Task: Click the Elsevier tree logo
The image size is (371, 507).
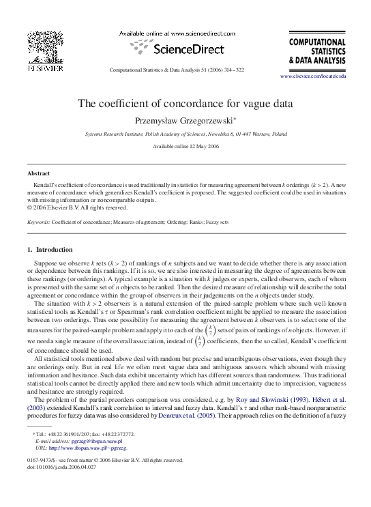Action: coord(45,48)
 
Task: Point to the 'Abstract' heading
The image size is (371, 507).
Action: coord(39,173)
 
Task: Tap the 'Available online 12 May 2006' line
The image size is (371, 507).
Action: coord(185,147)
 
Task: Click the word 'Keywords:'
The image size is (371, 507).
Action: coord(39,222)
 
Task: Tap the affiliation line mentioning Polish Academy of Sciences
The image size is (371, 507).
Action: coord(185,135)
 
